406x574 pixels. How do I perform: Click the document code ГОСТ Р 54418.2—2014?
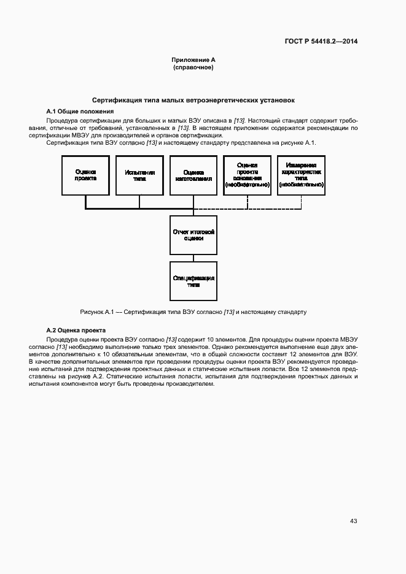pyautogui.click(x=321, y=42)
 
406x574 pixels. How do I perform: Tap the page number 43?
pyautogui.click(x=353, y=521)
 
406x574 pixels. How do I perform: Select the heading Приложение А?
pyautogui.click(x=193, y=59)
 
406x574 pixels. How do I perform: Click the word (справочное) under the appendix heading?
pyautogui.click(x=193, y=67)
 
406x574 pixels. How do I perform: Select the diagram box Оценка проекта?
pyautogui.click(x=85, y=176)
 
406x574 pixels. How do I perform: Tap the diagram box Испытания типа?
pyautogui.click(x=139, y=176)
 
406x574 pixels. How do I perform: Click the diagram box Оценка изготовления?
pyautogui.click(x=193, y=176)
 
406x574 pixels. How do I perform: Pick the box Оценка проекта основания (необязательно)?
pyautogui.click(x=247, y=176)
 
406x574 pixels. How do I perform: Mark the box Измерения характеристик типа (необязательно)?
pyautogui.click(x=301, y=176)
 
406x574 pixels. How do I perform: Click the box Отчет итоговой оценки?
pyautogui.click(x=193, y=235)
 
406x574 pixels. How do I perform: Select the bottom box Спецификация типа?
pyautogui.click(x=193, y=281)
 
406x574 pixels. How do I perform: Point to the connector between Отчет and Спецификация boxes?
pyautogui.click(x=193, y=258)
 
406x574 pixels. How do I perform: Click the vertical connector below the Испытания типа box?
pyautogui.click(x=139, y=202)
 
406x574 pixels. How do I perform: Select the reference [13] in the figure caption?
pyautogui.click(x=229, y=312)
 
